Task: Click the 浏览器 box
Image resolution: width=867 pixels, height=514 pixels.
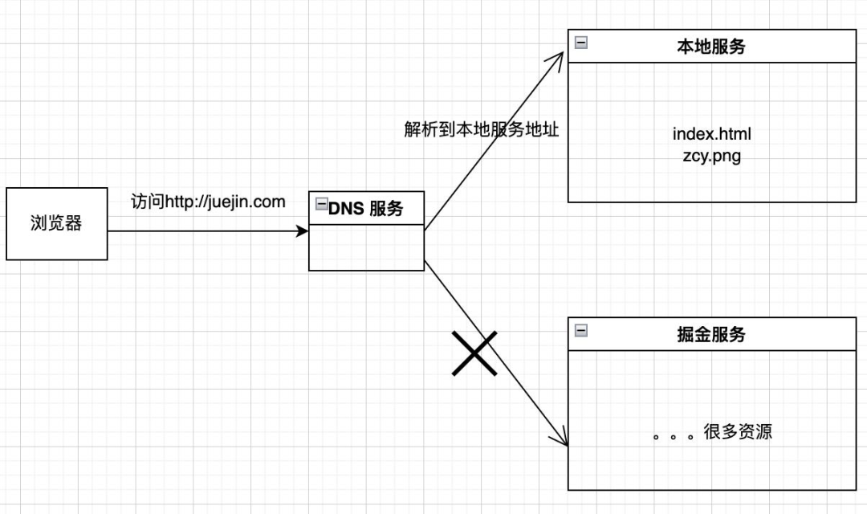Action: (x=56, y=224)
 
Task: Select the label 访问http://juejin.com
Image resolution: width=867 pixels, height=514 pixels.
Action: (x=208, y=202)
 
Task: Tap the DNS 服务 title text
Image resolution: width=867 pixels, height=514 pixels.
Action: (x=365, y=210)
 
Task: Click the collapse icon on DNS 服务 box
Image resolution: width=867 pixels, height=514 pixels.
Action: (x=321, y=204)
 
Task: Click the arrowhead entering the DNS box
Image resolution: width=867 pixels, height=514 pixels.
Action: (x=303, y=231)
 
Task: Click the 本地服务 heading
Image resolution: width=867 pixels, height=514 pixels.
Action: (x=710, y=47)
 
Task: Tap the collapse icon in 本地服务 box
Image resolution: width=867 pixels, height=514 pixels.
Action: (x=580, y=42)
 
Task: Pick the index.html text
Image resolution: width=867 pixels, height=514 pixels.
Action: (x=711, y=133)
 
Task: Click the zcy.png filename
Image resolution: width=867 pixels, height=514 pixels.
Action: (x=711, y=156)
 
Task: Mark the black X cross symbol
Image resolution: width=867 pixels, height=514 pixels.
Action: (x=474, y=353)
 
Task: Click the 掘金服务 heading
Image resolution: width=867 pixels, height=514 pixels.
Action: (x=710, y=335)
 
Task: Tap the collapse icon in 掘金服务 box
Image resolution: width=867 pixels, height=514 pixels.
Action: (x=580, y=330)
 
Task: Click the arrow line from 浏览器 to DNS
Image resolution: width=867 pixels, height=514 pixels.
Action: (x=201, y=231)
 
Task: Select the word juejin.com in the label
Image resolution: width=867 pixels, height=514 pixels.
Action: (x=252, y=202)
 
